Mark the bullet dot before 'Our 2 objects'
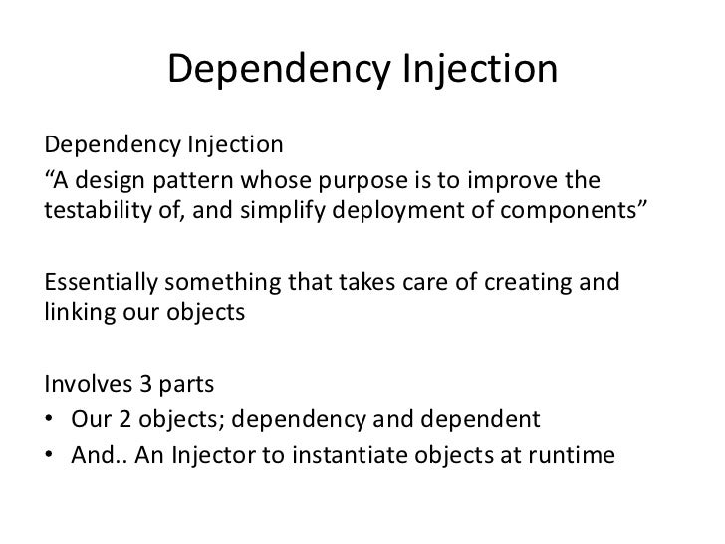[51, 418]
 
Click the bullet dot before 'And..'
[51, 453]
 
